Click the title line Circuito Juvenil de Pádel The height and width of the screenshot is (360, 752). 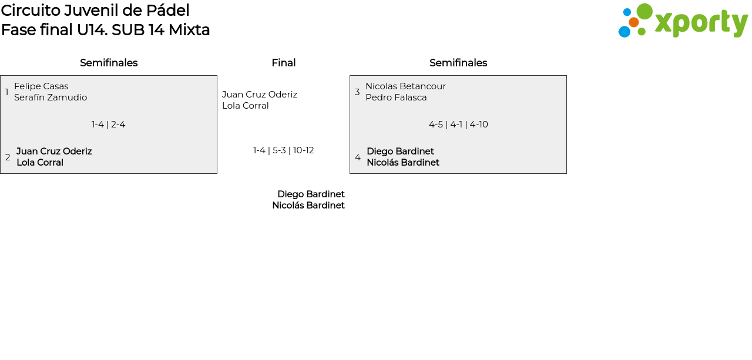95,11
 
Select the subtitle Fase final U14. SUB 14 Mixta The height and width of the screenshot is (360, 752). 105,30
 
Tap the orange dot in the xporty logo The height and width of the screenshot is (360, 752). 633,22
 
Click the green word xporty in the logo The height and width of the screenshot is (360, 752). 701,23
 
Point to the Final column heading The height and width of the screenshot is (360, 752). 283,63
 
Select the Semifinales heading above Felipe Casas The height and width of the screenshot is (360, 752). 109,63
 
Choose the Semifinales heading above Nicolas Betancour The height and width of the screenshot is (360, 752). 458,63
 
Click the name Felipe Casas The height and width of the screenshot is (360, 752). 41,86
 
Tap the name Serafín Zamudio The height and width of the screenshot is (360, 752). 51,97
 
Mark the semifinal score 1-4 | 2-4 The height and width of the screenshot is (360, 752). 109,125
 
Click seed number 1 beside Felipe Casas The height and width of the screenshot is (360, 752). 6,92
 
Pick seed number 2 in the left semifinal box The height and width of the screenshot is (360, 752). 8,157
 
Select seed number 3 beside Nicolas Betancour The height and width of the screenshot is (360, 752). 357,92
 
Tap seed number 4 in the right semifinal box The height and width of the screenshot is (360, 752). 358,157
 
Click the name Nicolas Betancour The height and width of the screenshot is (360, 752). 405,86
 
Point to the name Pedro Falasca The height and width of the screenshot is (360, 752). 396,97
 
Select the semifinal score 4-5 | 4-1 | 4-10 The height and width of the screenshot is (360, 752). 458,125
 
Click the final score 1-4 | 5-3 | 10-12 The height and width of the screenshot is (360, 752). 283,150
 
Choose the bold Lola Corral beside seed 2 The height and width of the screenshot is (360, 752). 40,163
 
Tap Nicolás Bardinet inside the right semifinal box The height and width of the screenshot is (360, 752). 403,163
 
